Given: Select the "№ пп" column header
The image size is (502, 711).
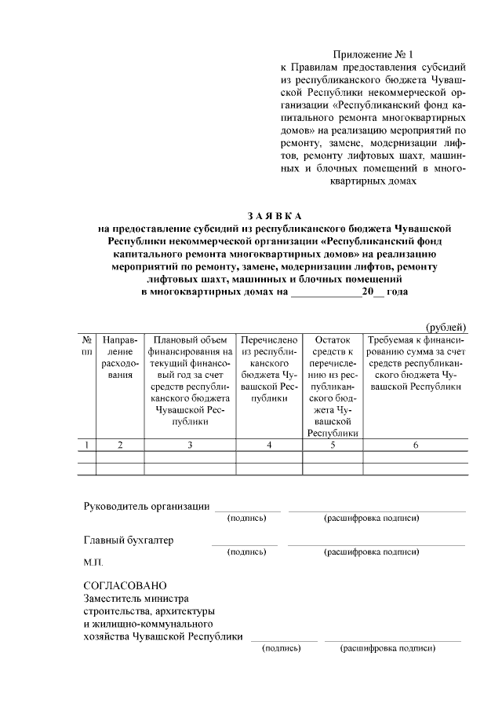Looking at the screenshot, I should click(x=86, y=346).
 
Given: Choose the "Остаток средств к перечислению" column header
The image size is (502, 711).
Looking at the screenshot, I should click(x=333, y=387).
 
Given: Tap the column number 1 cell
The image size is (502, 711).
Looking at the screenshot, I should click(x=86, y=445).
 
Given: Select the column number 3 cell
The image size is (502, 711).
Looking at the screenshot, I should click(x=191, y=445).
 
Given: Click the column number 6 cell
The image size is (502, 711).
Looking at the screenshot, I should click(x=416, y=445).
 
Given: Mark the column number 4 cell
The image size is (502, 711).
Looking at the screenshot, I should click(x=269, y=445).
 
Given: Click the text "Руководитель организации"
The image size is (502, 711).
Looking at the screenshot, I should click(x=147, y=506).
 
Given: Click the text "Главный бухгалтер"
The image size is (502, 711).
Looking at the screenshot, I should click(x=129, y=541).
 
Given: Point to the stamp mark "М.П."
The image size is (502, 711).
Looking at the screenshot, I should click(x=93, y=563).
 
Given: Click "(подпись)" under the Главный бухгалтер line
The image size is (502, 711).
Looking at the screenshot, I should click(x=246, y=552).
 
